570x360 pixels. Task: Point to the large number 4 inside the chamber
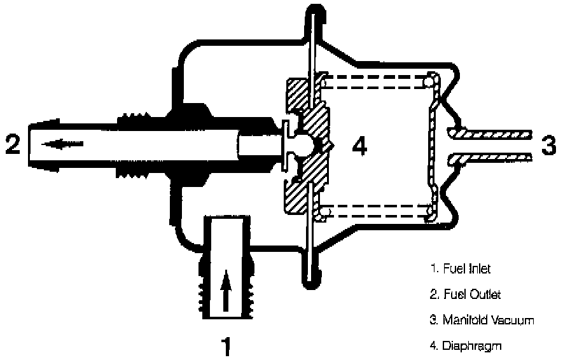coord(359,146)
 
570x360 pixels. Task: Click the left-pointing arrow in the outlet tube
coord(56,144)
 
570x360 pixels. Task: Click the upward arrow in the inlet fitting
coord(225,289)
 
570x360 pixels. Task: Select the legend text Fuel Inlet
coord(459,268)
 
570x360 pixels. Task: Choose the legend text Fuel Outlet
coord(464,294)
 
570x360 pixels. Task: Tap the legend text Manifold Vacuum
coord(481,320)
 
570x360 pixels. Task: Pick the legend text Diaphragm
coord(463,346)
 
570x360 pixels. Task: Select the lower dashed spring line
coord(375,211)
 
